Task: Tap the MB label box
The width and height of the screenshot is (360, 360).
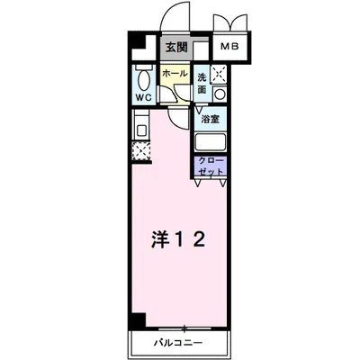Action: (x=230, y=46)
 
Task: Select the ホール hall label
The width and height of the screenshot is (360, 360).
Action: (x=175, y=73)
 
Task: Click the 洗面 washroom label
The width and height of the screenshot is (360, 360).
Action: (x=202, y=83)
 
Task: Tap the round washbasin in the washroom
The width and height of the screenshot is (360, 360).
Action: (x=219, y=94)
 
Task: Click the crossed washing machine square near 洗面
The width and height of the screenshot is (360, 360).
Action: (x=218, y=75)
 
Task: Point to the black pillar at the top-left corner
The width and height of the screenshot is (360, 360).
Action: (x=134, y=43)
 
